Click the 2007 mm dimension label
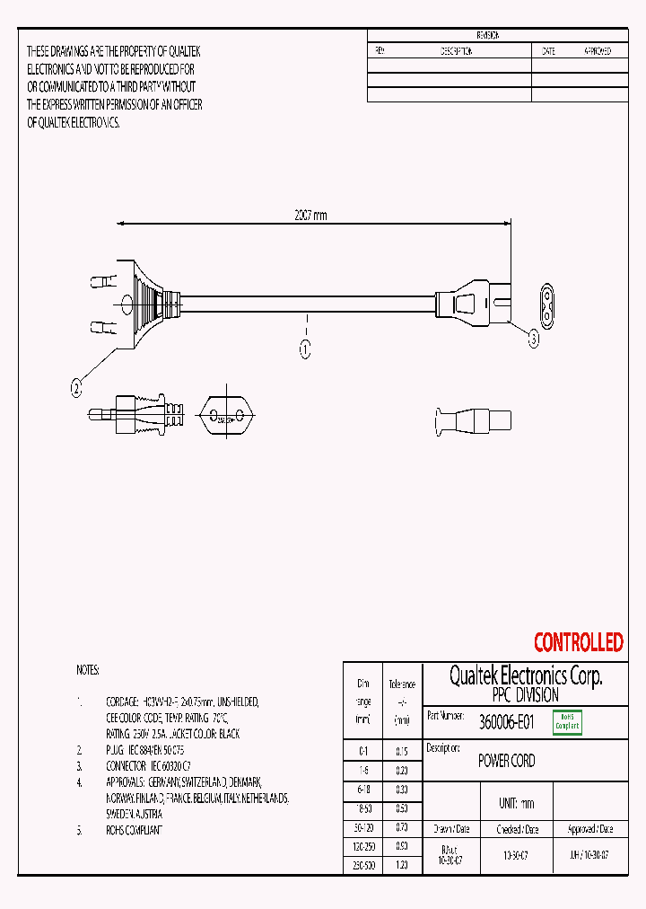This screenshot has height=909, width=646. click(x=311, y=216)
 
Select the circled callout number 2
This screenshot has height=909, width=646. click(x=77, y=388)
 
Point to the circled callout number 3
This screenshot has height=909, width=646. click(x=533, y=339)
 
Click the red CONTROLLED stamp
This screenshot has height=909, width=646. click(x=578, y=642)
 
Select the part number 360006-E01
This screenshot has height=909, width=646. click(x=507, y=721)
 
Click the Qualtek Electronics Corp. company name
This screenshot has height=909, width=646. click(x=525, y=675)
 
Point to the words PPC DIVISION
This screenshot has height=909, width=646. click(x=525, y=695)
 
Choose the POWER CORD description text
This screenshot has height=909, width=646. click(x=507, y=761)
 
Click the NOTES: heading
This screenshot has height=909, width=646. click(x=88, y=670)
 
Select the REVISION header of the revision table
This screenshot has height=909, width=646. click(x=488, y=35)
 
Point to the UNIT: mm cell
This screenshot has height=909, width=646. click(x=516, y=803)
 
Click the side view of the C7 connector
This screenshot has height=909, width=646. click(x=472, y=419)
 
